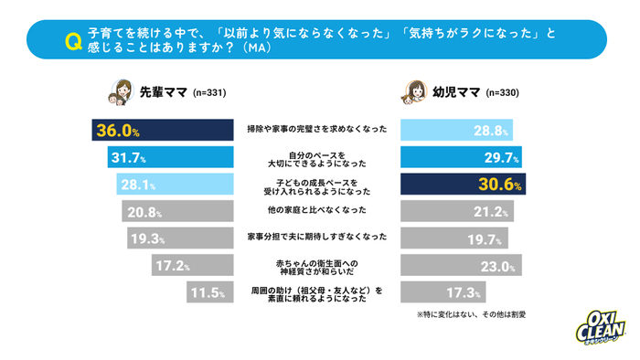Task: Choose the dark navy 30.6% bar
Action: pyautogui.click(x=463, y=185)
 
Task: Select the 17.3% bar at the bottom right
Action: pyautogui.click(x=443, y=293)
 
